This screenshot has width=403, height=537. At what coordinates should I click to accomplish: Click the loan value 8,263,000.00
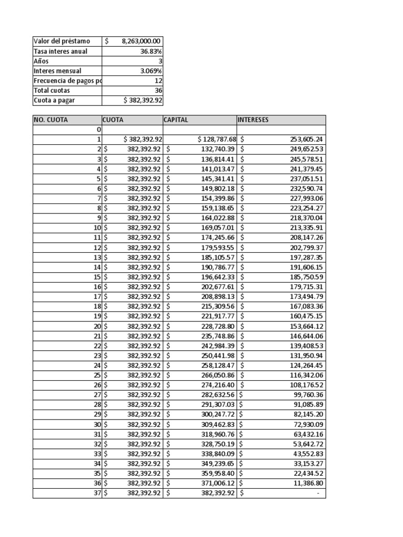tap(141, 41)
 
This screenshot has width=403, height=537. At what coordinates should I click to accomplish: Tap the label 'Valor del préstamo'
tap(61, 41)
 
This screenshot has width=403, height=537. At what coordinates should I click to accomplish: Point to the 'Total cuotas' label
tap(51, 90)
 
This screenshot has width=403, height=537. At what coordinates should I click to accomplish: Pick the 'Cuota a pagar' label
tap(55, 100)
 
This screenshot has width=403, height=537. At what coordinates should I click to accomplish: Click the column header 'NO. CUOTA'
tap(51, 120)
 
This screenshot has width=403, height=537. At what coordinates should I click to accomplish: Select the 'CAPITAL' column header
tap(176, 120)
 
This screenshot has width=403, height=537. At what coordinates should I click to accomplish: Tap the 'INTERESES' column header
tap(253, 120)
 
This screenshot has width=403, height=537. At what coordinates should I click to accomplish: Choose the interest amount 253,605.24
tap(306, 139)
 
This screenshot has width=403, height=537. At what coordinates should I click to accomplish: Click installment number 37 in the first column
tap(97, 493)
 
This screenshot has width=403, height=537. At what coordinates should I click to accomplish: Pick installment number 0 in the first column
tap(99, 130)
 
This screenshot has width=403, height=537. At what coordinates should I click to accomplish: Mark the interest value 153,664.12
tap(306, 326)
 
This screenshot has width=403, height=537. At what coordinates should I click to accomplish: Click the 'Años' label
tap(41, 61)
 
